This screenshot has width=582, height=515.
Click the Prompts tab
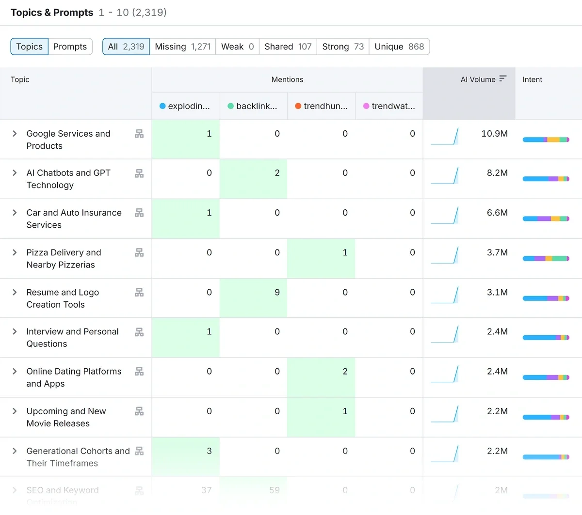[x=70, y=47]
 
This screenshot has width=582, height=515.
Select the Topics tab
[x=30, y=47]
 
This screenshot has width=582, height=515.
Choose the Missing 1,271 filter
[x=182, y=47]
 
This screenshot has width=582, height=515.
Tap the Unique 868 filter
[x=399, y=47]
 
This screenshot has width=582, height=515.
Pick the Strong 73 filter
[x=342, y=47]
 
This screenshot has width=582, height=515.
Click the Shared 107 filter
[x=288, y=47]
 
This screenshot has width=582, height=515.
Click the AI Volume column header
[x=478, y=79]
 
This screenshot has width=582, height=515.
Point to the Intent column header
[x=532, y=79]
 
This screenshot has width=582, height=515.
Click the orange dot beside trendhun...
[x=298, y=106]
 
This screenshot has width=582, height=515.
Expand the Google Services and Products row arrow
[x=15, y=133]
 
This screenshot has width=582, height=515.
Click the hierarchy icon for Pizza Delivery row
[x=139, y=252]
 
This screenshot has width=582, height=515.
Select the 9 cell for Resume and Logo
[x=277, y=292]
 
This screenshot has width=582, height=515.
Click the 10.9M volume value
[x=494, y=134]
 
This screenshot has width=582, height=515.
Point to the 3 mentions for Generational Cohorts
[x=209, y=451]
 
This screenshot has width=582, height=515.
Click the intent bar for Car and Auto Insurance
[x=546, y=218]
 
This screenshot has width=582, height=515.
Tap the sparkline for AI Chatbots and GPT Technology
[x=444, y=175]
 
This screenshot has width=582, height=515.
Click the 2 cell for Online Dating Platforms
[x=345, y=372]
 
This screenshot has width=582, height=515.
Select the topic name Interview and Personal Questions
[x=72, y=338]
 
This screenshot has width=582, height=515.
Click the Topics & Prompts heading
[x=52, y=13]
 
